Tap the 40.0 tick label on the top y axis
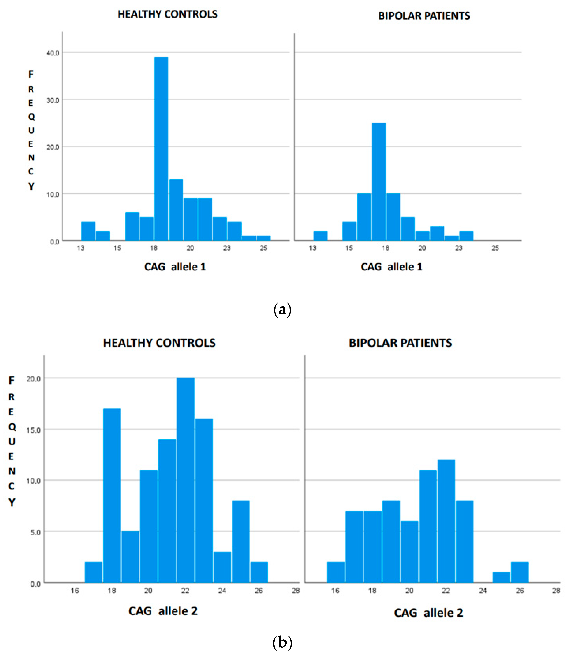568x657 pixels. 53,53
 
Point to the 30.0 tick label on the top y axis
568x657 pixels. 53,100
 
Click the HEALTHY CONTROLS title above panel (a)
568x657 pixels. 167,14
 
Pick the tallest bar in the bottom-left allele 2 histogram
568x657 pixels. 185,480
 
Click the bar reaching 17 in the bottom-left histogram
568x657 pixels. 112,496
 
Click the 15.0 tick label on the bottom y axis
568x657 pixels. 34,430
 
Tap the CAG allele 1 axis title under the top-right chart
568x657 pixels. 391,267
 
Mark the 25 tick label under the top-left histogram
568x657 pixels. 263,248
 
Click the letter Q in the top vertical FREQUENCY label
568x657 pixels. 31,117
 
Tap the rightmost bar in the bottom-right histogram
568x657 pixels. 519,572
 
